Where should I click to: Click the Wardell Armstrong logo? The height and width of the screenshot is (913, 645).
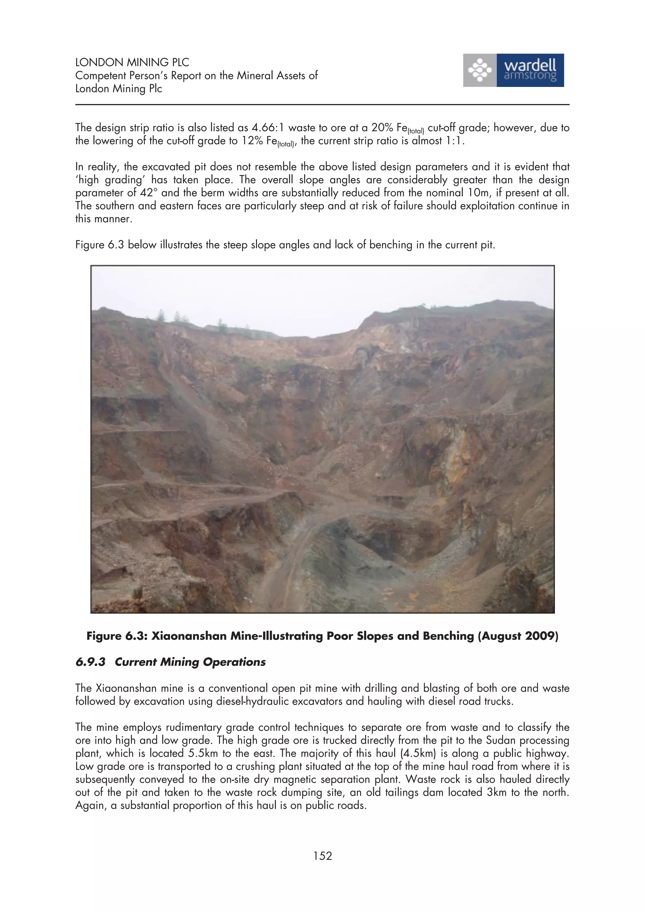point(513,70)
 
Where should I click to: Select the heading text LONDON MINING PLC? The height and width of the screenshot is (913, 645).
point(132,62)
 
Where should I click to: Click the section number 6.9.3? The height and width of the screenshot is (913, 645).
point(91,662)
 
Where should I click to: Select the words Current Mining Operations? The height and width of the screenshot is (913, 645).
point(190,662)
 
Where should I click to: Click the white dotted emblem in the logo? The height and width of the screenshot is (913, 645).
point(480,70)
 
